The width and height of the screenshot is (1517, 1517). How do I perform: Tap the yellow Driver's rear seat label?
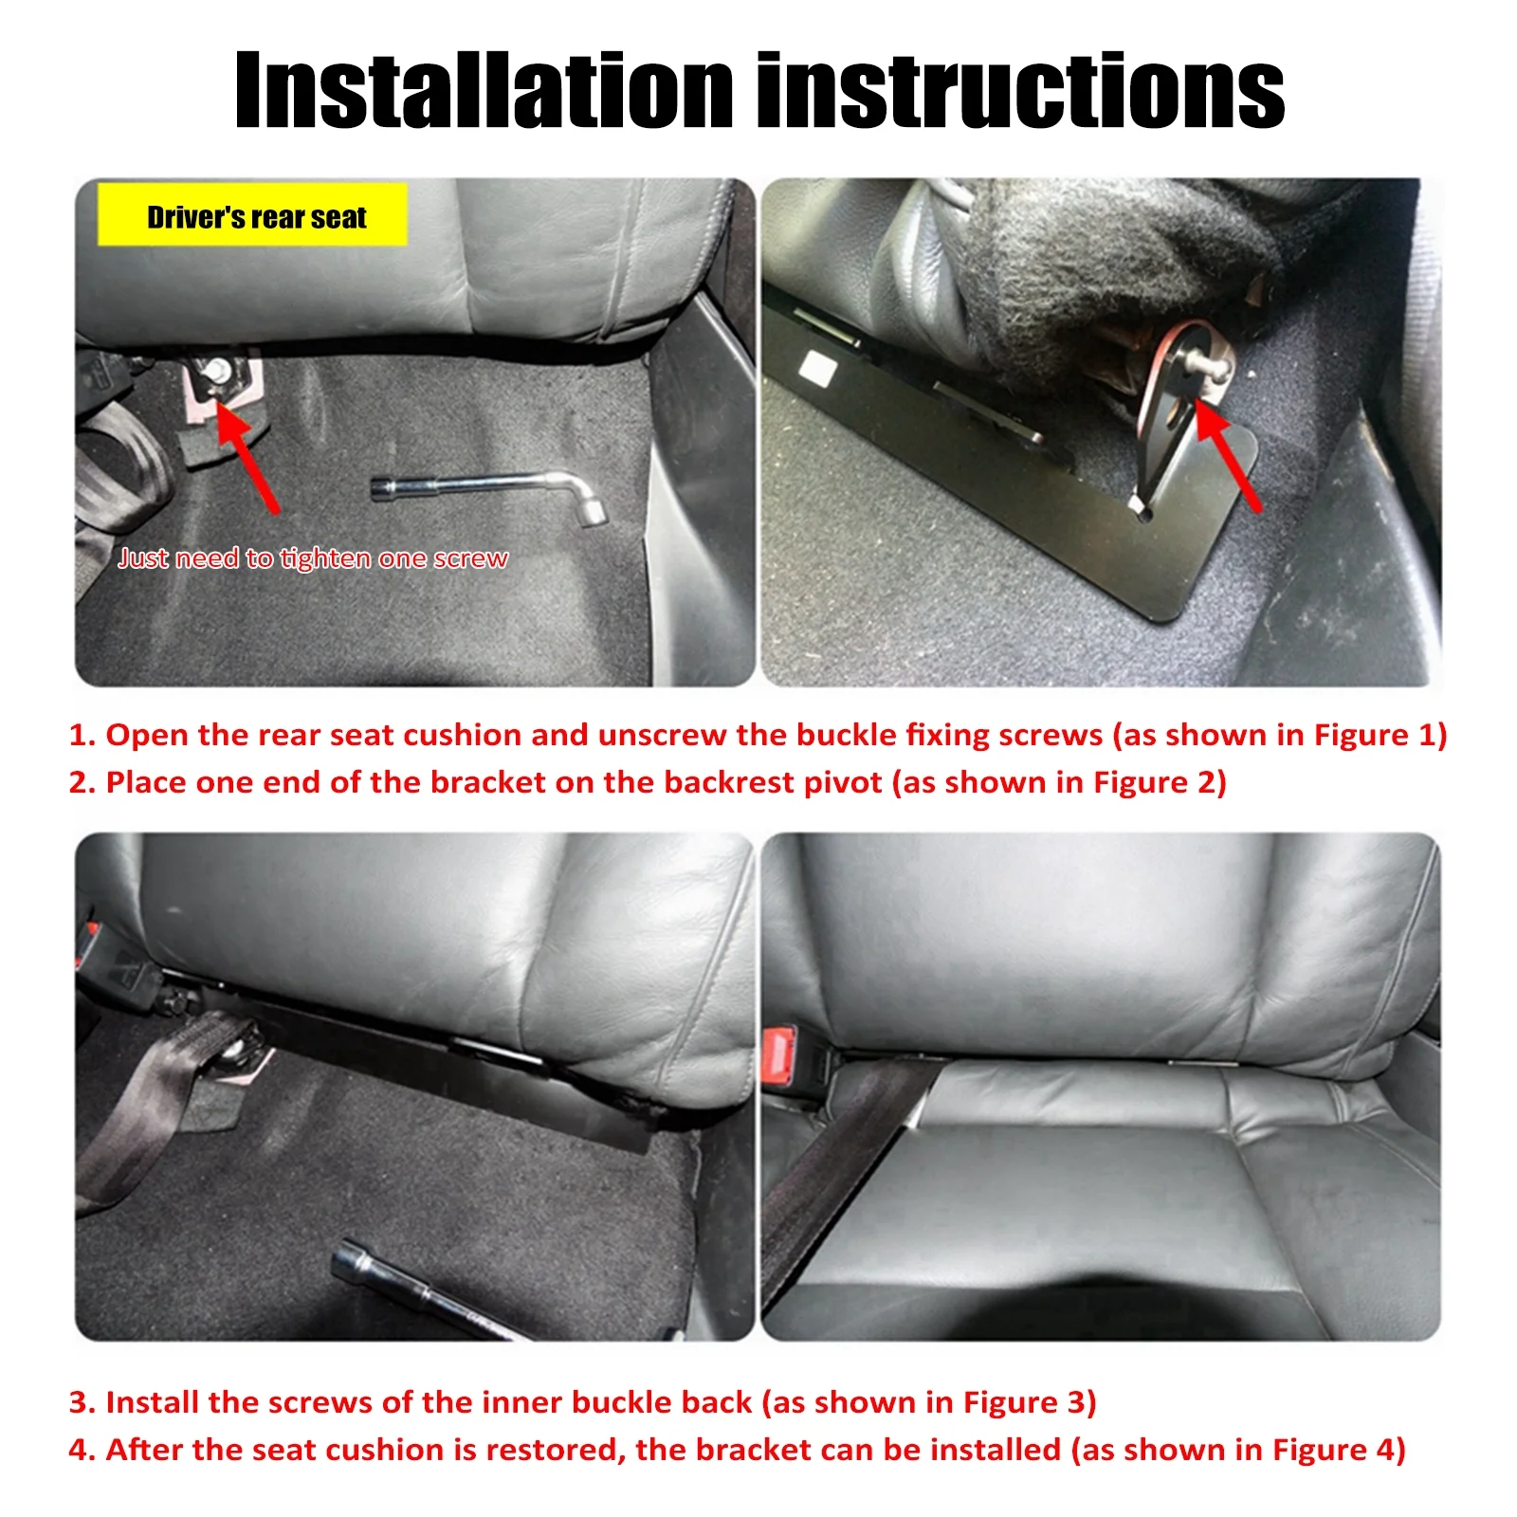pos(253,216)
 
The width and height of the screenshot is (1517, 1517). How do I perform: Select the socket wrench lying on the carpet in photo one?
pos(488,491)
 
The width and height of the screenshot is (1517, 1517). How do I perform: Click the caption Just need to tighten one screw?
pos(313,558)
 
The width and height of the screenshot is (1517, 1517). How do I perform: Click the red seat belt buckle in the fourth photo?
pos(780,1057)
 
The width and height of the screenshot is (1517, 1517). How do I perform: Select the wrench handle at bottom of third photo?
pos(417,1289)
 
